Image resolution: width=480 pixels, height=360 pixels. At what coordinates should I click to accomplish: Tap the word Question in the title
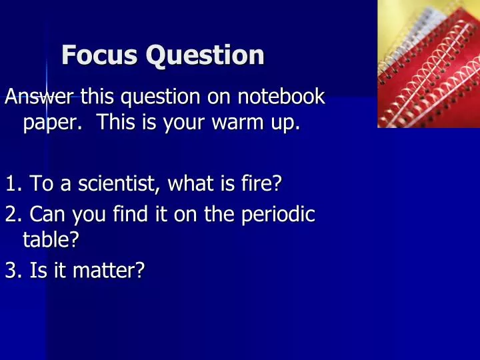(x=205, y=56)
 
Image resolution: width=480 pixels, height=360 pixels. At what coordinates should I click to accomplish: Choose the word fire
(x=262, y=183)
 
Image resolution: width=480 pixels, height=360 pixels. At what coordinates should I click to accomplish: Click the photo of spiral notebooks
(x=428, y=63)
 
